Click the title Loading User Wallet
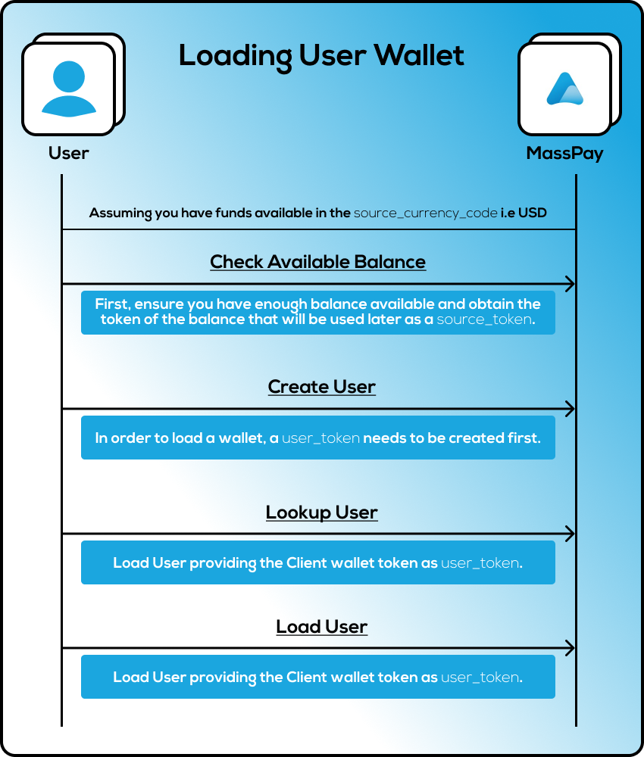[321, 56]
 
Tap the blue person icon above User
[68, 89]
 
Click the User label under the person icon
[68, 153]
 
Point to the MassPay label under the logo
[564, 153]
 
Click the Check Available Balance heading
[317, 262]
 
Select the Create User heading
[321, 387]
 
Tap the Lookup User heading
[321, 512]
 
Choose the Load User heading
[321, 627]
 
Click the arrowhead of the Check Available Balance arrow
[570, 285]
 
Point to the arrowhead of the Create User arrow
[570, 410]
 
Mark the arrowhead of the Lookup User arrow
[570, 534]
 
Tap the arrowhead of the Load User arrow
[570, 649]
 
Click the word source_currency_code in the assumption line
[425, 213]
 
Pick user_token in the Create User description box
[320, 438]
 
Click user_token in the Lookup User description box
[480, 563]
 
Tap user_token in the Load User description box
[480, 678]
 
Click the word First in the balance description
[111, 304]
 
